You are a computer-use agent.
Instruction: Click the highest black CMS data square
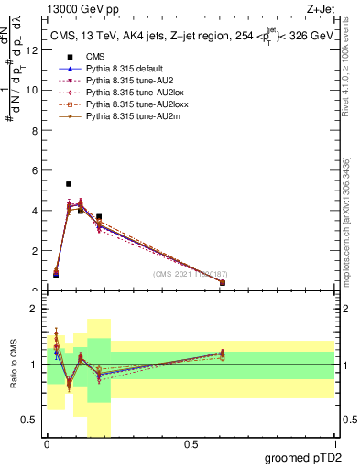coord(69,184)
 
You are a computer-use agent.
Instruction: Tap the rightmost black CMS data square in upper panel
coord(223,283)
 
